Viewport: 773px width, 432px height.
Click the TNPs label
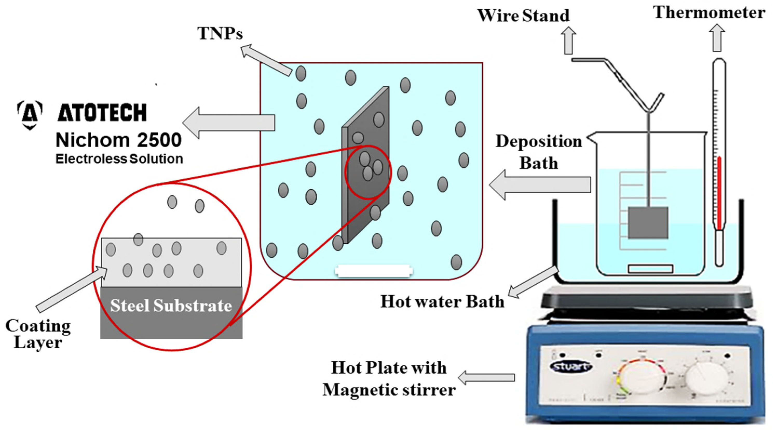(x=220, y=33)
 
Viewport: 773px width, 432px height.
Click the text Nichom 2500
(x=119, y=140)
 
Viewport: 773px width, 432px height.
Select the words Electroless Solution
(x=119, y=159)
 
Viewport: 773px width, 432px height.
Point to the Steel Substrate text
(x=171, y=306)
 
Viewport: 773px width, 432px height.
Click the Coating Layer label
(x=38, y=334)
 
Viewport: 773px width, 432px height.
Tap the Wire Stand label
(x=523, y=16)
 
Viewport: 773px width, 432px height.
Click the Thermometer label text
(x=709, y=13)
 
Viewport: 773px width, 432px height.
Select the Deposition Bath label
(x=539, y=152)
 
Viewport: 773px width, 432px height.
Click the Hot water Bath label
(x=442, y=301)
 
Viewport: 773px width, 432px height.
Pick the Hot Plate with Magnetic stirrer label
(x=389, y=379)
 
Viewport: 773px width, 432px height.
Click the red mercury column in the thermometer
(x=719, y=192)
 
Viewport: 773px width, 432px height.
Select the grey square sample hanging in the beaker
(x=648, y=223)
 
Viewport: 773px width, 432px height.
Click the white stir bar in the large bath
(x=374, y=271)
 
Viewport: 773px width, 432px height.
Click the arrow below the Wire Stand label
(x=568, y=40)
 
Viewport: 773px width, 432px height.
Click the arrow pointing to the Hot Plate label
(x=486, y=378)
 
